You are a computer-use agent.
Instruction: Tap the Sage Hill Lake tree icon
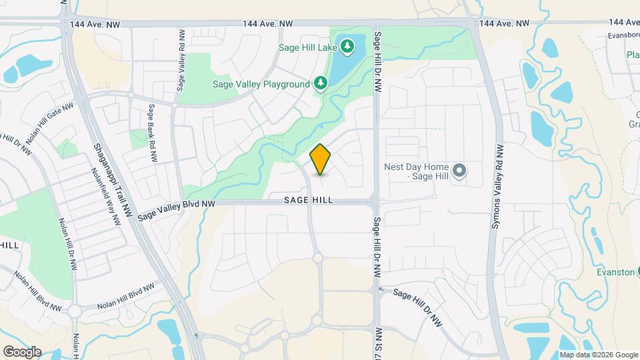click(x=347, y=47)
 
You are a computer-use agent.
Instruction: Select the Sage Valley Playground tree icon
click(x=321, y=84)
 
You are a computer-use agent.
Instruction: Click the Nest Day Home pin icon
click(x=459, y=171)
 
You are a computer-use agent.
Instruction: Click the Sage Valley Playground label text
click(x=261, y=85)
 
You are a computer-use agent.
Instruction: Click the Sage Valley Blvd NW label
click(x=177, y=210)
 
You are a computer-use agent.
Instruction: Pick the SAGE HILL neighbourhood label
click(x=308, y=200)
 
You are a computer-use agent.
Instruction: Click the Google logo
click(x=21, y=351)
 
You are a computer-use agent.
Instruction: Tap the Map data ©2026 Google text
click(x=599, y=355)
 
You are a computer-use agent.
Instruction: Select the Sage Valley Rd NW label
click(x=180, y=60)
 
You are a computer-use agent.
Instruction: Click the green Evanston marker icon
click(x=637, y=271)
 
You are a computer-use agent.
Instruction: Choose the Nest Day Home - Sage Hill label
click(x=417, y=171)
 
